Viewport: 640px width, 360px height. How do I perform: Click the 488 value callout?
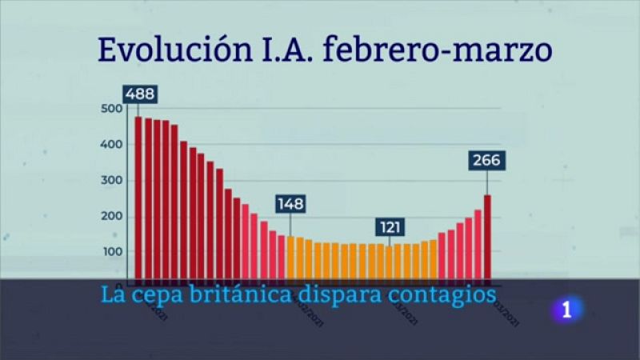click(x=140, y=94)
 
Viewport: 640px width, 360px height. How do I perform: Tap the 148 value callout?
click(x=290, y=203)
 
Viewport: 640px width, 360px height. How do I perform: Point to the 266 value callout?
click(x=486, y=161)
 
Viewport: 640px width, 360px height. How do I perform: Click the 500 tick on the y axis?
click(x=113, y=109)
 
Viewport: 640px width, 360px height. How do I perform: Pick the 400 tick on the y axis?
click(x=113, y=145)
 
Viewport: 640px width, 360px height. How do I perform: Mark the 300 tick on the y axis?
click(x=113, y=181)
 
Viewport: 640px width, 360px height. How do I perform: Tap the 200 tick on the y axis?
click(x=113, y=217)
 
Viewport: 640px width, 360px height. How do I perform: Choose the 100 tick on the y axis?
click(x=113, y=252)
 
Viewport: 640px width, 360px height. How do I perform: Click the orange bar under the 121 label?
click(x=390, y=262)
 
